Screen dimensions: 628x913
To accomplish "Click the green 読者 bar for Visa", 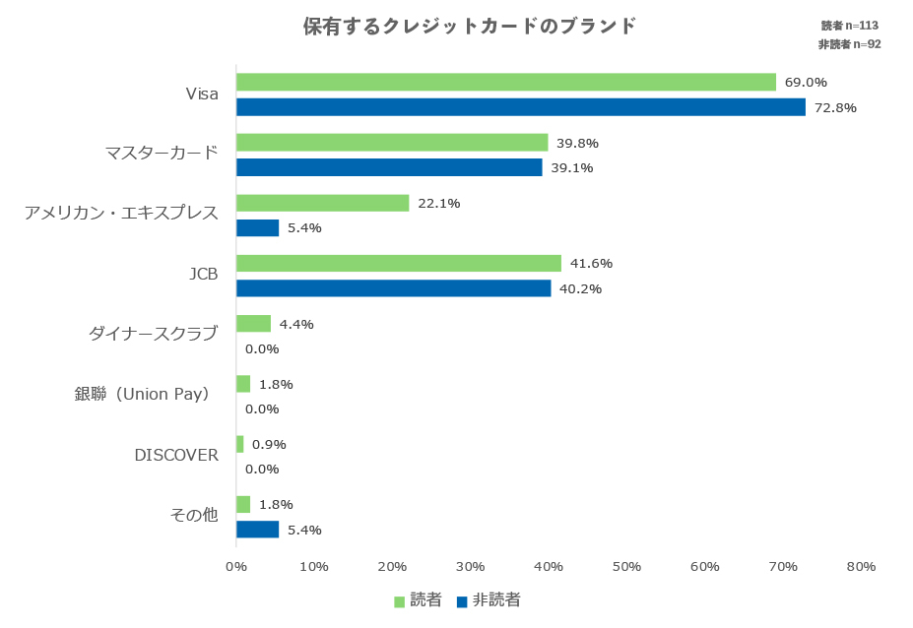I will (x=506, y=82).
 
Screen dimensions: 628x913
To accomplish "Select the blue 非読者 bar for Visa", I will (x=521, y=106).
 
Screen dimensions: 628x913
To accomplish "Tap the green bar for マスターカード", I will (x=392, y=143).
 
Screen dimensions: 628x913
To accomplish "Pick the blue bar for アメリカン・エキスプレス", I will (x=258, y=227).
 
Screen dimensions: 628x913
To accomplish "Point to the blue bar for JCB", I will (x=394, y=288).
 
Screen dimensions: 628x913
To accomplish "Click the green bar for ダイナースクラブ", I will (x=253, y=324).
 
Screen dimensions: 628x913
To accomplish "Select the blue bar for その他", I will (x=258, y=530).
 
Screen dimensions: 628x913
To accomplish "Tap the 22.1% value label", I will (x=439, y=204).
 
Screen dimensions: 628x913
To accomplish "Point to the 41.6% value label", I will (x=592, y=264).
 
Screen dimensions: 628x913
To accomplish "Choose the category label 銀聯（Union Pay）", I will (x=144, y=394).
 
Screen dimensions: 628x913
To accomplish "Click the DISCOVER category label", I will (x=176, y=455).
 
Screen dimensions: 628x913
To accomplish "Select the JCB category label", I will (x=203, y=274).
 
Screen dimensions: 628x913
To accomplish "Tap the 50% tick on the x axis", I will (x=626, y=567).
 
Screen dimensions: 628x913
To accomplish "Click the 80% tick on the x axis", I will (x=861, y=567).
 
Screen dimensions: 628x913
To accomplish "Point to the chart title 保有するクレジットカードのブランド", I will (x=470, y=26).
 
